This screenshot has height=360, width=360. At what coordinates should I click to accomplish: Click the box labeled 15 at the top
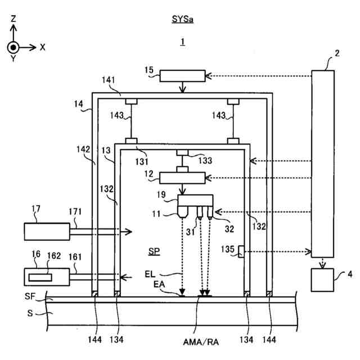[x=183, y=76]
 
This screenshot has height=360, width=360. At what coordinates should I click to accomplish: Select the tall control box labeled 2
[x=323, y=163]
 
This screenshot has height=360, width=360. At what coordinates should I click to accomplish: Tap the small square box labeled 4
[x=322, y=280]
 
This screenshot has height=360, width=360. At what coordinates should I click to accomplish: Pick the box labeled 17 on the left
[x=47, y=230]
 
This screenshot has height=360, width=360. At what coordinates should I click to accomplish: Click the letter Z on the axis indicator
[x=13, y=19]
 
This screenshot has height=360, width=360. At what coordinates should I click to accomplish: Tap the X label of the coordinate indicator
[x=42, y=47]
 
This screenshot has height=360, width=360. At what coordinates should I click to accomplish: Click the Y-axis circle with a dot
[x=13, y=47]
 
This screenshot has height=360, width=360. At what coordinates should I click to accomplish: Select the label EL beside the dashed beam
[x=150, y=274]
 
